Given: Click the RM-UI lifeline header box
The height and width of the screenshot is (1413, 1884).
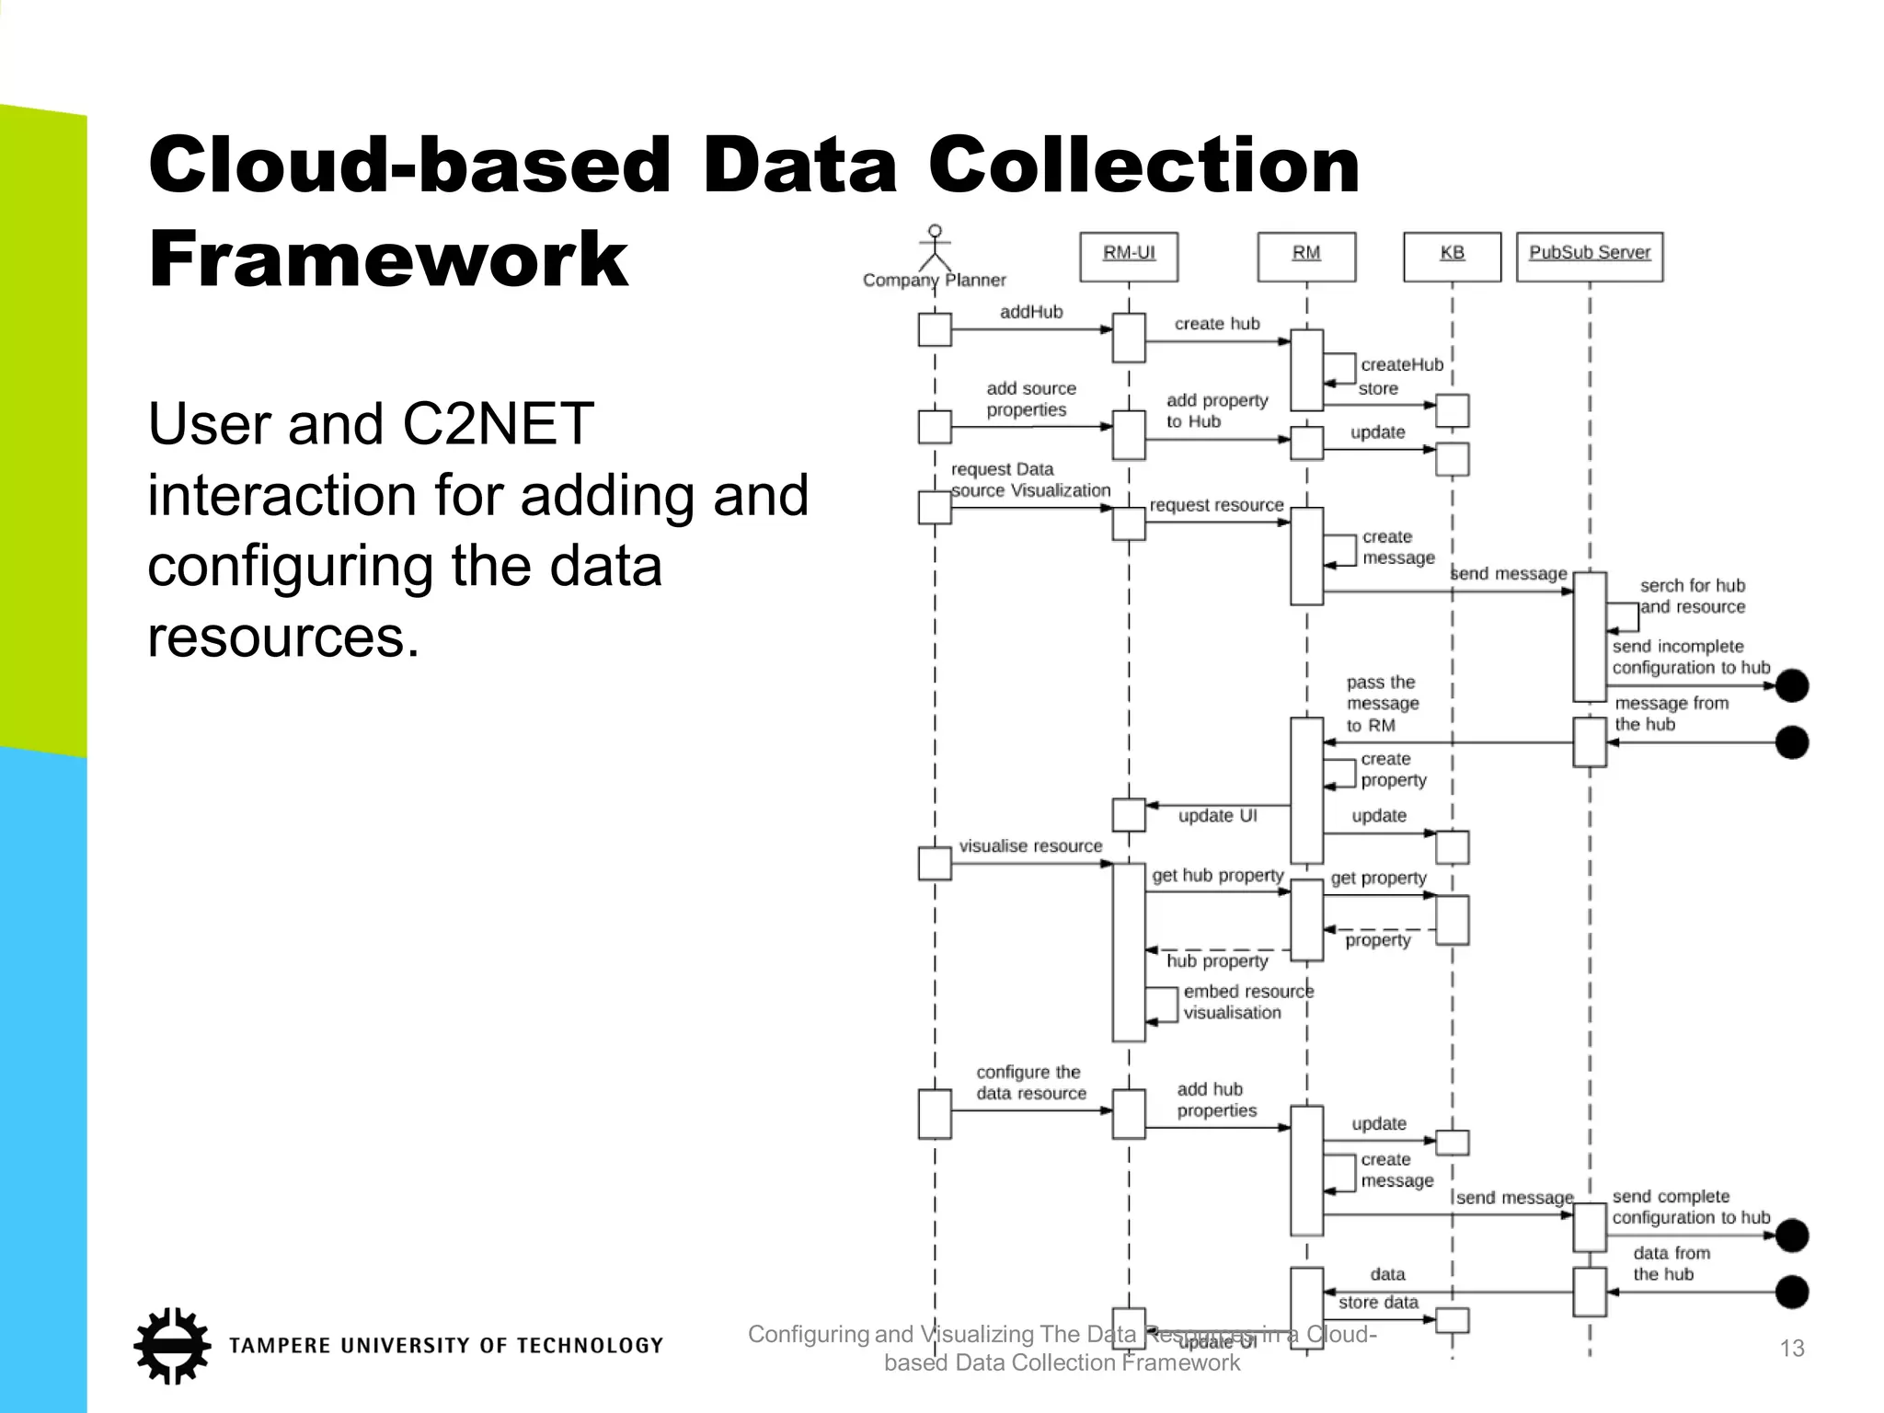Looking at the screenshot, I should click(x=1129, y=256).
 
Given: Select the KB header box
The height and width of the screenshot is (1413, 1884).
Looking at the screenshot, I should click(x=1452, y=256).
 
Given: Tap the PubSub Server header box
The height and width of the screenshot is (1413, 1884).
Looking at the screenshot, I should click(x=1589, y=256).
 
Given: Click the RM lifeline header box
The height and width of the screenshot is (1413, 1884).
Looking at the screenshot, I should click(x=1305, y=256).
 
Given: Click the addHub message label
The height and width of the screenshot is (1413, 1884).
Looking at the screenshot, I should click(x=1030, y=312).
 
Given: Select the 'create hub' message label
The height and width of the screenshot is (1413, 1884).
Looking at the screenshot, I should click(x=1216, y=324).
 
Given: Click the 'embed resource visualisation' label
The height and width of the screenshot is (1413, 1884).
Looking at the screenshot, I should click(x=1246, y=1002).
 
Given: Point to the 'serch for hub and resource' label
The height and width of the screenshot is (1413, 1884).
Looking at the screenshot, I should click(x=1692, y=596).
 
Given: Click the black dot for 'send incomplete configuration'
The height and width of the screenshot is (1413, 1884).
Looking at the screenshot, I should click(x=1791, y=685).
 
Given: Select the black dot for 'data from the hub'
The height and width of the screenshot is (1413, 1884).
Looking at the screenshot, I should click(x=1791, y=1292).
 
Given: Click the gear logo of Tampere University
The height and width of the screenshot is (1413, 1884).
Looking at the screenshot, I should click(x=171, y=1345).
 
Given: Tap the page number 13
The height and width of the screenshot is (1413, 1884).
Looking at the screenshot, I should click(x=1791, y=1349).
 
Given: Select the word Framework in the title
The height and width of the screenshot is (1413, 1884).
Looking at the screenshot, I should click(x=387, y=259).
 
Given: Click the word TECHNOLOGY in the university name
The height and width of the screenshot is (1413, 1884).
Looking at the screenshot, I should click(x=589, y=1346).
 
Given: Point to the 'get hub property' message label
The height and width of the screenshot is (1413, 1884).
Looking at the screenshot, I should click(x=1217, y=876).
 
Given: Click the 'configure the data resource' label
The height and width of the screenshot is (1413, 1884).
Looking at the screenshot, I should click(x=1030, y=1083).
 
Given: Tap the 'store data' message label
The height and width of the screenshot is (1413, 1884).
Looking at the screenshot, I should click(x=1377, y=1302).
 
